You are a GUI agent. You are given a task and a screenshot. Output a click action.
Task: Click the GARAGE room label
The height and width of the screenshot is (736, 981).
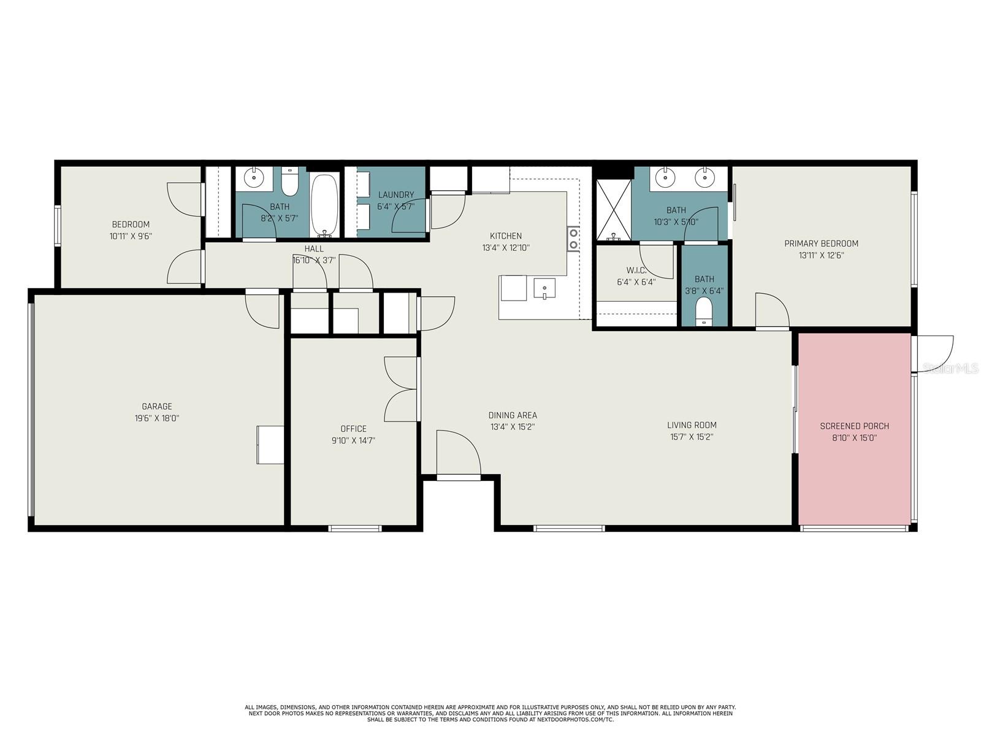pyautogui.click(x=157, y=406)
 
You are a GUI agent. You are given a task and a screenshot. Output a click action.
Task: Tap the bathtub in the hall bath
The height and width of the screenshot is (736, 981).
pyautogui.click(x=324, y=205)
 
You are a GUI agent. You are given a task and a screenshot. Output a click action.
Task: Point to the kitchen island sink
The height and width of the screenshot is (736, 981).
pyautogui.click(x=544, y=288)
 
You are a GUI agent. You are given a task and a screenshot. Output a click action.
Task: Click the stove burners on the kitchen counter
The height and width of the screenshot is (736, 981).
pyautogui.click(x=573, y=239)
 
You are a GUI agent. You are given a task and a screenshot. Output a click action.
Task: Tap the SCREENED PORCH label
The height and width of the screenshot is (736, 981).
pyautogui.click(x=854, y=426)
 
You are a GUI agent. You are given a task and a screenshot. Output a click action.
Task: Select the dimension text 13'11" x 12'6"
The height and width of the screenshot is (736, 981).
pyautogui.click(x=822, y=255)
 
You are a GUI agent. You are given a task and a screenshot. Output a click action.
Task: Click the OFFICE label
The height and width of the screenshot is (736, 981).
pyautogui.click(x=353, y=429)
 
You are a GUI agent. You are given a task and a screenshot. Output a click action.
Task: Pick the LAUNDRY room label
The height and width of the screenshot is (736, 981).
pyautogui.click(x=396, y=194)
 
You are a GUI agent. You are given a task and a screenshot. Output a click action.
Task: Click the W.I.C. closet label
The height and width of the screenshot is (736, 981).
pyautogui.click(x=636, y=270)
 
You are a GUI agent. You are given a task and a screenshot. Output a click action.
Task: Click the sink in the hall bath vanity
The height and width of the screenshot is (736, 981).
pyautogui.click(x=253, y=178)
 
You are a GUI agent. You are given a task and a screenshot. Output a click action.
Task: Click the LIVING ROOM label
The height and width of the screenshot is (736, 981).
pyautogui.click(x=692, y=425)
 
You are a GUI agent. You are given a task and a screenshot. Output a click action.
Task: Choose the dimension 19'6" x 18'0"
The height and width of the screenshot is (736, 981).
pyautogui.click(x=157, y=418)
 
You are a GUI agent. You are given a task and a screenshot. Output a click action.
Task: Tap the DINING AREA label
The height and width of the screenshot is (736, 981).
pyautogui.click(x=513, y=415)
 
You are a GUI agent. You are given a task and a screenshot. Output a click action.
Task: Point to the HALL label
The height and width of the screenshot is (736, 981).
pyautogui.click(x=314, y=248)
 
